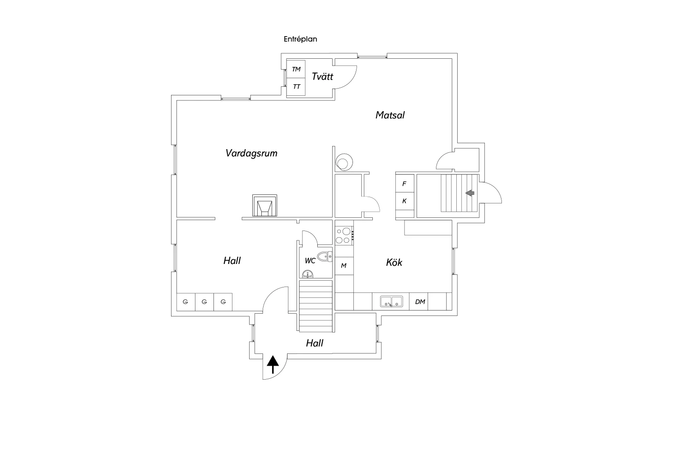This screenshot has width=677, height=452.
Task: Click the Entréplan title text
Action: [x=300, y=39]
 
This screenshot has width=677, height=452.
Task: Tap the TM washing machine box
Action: [x=296, y=69]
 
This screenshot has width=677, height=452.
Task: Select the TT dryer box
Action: [x=296, y=86]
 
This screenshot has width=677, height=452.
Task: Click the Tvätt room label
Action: [x=322, y=76]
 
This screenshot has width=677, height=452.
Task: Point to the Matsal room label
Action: [x=390, y=115]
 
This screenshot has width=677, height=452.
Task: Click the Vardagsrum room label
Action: [x=251, y=153]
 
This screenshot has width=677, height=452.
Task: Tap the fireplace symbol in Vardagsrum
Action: [x=264, y=207]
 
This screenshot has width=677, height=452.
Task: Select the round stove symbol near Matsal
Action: [x=344, y=162]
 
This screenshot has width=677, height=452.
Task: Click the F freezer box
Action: [x=404, y=184]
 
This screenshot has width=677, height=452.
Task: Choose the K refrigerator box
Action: [x=404, y=201]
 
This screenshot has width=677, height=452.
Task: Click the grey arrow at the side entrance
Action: [x=470, y=193]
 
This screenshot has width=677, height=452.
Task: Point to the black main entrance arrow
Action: [x=273, y=364]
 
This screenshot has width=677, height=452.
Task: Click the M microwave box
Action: [x=343, y=266]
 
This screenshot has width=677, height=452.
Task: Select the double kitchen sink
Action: [x=391, y=301]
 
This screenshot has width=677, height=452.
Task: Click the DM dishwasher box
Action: [x=420, y=302]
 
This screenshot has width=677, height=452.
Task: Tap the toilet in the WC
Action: [x=324, y=257]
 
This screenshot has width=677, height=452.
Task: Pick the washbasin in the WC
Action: [x=309, y=274]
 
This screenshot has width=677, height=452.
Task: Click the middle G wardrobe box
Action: [x=204, y=301]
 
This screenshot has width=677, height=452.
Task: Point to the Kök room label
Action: [x=394, y=263]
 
